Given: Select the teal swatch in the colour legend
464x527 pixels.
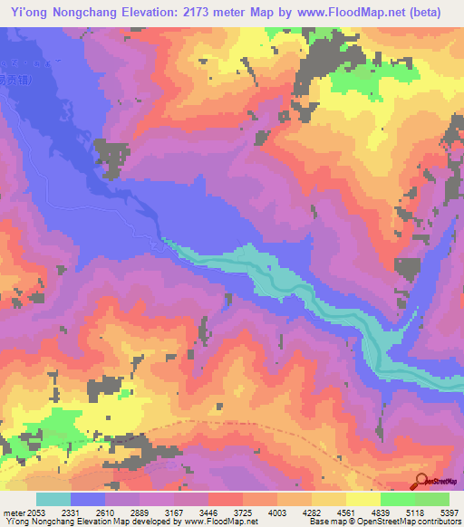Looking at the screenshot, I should [x=53, y=499].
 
